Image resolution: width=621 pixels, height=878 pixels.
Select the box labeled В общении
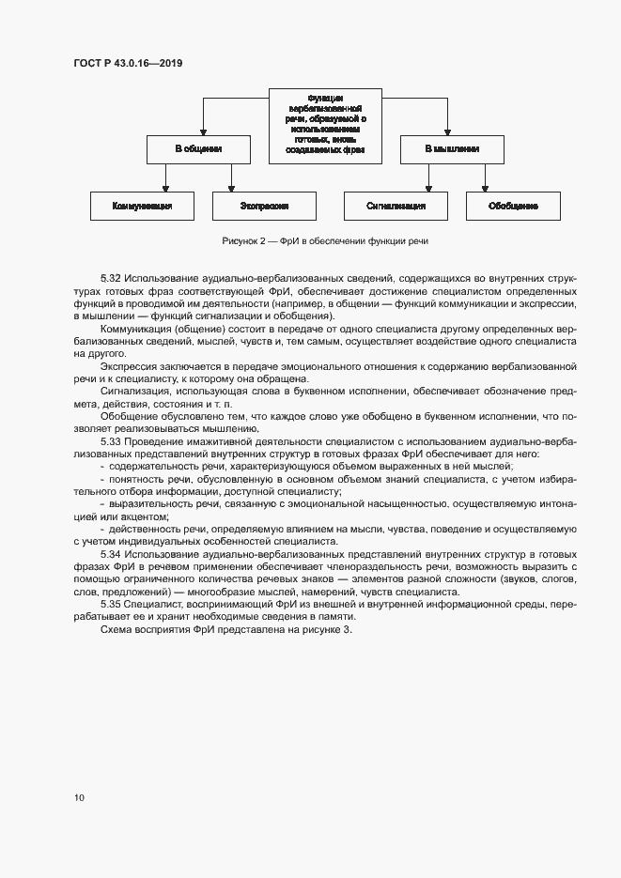click(198, 149)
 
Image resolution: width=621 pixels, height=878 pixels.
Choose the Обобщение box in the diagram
click(513, 206)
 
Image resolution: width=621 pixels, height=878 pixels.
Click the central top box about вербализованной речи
click(325, 123)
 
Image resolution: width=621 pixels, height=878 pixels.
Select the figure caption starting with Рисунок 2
click(325, 241)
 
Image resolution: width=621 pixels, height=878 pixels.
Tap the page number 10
click(79, 797)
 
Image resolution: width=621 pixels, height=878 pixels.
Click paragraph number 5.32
click(112, 280)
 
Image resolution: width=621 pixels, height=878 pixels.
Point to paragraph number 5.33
click(112, 439)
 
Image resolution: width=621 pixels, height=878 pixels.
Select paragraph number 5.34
click(112, 555)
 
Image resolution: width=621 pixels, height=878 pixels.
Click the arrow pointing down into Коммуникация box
click(165, 186)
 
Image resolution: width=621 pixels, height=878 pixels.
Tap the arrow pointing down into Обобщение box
click(485, 186)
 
